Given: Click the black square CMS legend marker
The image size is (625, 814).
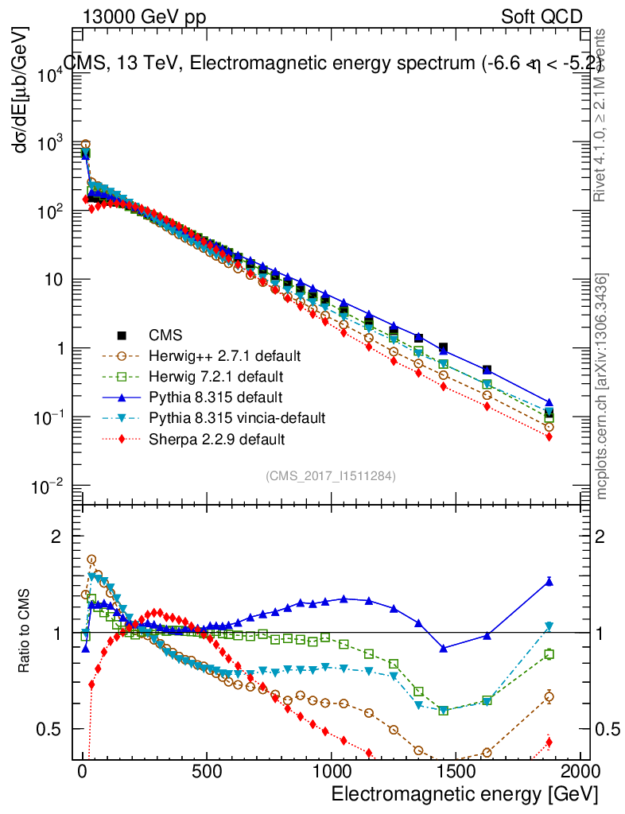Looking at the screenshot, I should coord(122,335).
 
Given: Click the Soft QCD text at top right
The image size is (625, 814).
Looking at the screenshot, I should coord(542,17).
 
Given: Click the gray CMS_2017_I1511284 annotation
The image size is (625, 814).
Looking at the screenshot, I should coord(331,476).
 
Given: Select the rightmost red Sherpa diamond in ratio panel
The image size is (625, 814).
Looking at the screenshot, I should coord(549,743).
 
